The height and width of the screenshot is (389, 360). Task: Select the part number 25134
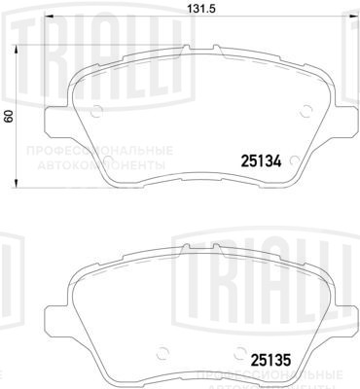point(260,161)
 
